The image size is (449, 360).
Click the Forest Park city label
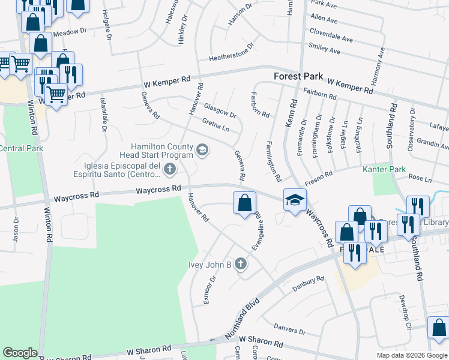coord(298,77)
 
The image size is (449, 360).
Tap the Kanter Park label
coord(385,170)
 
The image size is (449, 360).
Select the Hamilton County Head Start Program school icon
coord(202,151)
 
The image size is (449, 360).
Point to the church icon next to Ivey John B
coord(241,265)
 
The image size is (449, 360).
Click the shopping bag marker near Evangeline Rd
coord(244,203)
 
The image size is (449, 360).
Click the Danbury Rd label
coord(308,283)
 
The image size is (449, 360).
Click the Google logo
coord(20,353)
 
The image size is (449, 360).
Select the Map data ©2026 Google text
coord(411,355)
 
